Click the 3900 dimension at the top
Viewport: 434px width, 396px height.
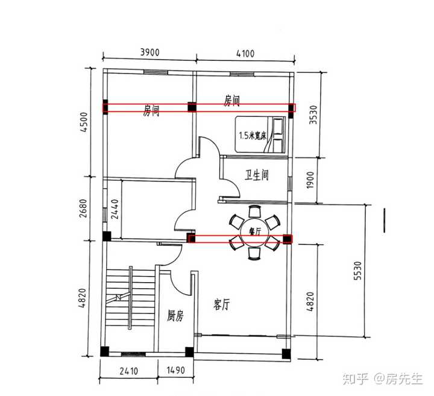pos(149,52)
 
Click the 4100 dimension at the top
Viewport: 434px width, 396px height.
pos(245,53)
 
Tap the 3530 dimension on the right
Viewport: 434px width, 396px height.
pos(313,115)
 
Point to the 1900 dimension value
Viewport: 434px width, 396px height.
pos(310,180)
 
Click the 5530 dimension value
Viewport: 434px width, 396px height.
pos(357,271)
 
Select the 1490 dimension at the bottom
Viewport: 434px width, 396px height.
pos(175,370)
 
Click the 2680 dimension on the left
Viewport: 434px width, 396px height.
pos(83,208)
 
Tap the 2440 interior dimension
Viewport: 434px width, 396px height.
pos(115,209)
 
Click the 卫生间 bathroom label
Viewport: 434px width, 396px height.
pos(257,175)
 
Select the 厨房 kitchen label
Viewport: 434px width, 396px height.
pos(175,316)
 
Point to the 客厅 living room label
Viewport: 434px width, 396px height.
pos(221,305)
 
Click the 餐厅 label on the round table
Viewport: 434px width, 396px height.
pos(255,231)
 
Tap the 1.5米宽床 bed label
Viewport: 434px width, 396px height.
pos(253,136)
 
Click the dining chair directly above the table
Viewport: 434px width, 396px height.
pos(254,211)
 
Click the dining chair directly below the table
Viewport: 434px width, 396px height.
pos(254,254)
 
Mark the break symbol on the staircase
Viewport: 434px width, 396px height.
pos(119,297)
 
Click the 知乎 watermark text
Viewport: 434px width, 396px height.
pos(355,379)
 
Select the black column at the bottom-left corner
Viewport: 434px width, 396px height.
pos(105,351)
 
